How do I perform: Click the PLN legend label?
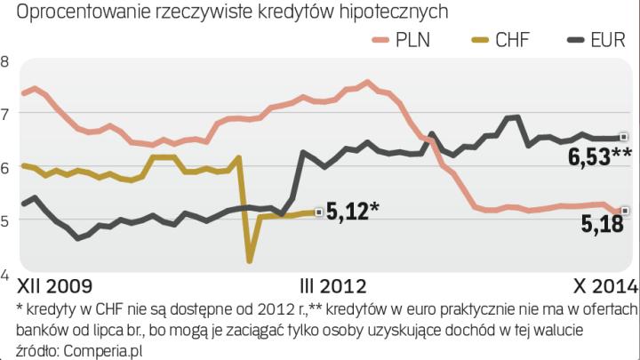click(413, 41)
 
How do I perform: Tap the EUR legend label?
click(611, 41)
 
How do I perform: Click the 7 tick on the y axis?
click(5, 114)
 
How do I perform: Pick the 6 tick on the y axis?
click(5, 167)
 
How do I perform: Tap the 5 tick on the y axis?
click(5, 220)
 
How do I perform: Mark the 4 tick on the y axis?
click(5, 273)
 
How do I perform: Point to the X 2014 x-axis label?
click(603, 286)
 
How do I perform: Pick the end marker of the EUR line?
click(624, 137)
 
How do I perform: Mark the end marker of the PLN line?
click(625, 211)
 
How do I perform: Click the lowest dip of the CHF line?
click(250, 260)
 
